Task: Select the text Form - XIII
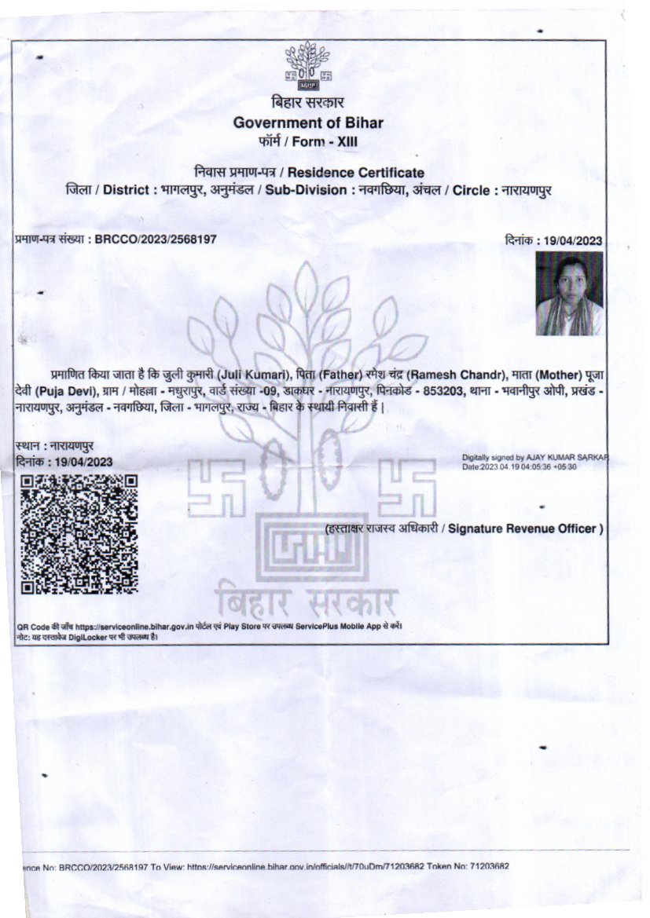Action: tap(330, 142)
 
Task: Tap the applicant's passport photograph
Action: tap(569, 293)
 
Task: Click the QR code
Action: tap(79, 534)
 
